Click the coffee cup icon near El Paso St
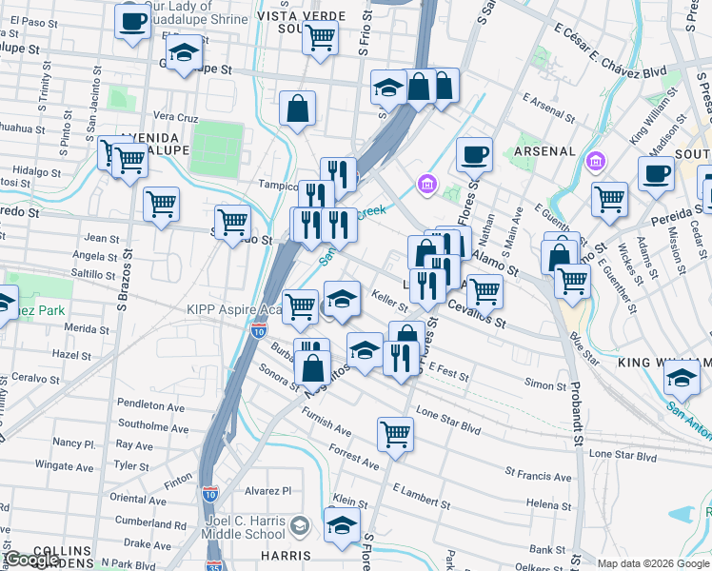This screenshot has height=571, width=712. point(133,20)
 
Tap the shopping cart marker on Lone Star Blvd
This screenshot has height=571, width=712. point(395,433)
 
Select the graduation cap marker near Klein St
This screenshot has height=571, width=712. point(343,523)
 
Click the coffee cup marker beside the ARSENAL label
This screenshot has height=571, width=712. point(474,154)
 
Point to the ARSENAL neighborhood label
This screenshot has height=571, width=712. point(544,151)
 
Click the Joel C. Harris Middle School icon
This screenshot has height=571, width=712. point(300,526)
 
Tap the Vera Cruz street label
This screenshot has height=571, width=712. point(175,117)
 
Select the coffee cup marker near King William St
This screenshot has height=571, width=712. point(656,174)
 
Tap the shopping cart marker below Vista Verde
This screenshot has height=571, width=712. point(321,38)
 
